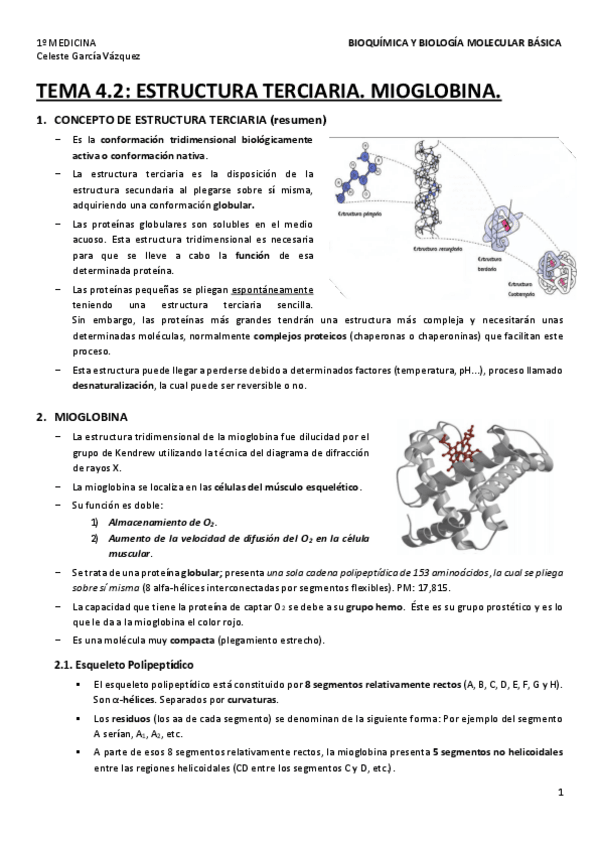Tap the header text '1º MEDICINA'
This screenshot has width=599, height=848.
(x=66, y=44)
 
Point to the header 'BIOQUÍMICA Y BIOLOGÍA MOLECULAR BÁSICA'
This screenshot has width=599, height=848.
(x=454, y=44)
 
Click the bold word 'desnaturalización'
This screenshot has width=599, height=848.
(x=112, y=385)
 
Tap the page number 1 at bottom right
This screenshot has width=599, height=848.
(x=561, y=793)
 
